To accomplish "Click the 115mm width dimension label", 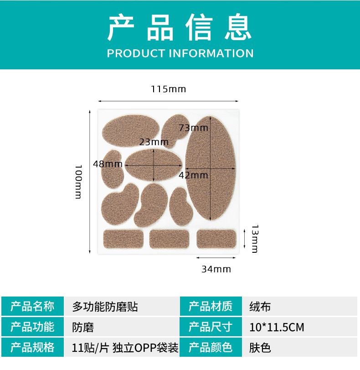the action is (169, 89).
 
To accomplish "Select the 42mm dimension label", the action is (193, 175).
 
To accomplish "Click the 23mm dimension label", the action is (154, 142).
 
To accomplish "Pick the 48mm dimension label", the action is (108, 164).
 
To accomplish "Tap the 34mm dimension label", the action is (216, 269).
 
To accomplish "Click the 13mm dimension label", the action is (254, 239).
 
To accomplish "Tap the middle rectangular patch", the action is (169, 239).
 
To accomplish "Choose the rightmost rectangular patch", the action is (216, 239).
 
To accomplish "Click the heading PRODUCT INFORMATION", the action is (180, 53).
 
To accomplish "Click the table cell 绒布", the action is (260, 307).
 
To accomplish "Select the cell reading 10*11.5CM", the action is (277, 327).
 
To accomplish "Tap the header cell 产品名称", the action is (32, 307).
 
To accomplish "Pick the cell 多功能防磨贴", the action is (105, 307).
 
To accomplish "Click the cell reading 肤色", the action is (260, 348).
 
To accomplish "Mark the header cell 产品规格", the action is (32, 348).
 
